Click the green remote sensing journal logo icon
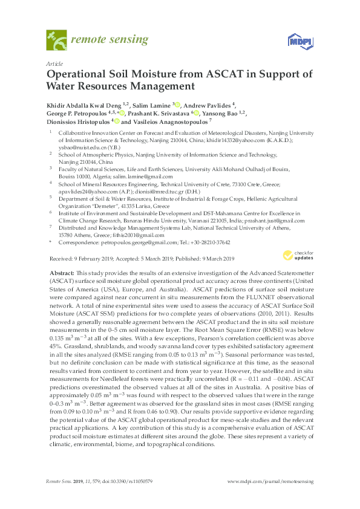pos(56,41)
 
